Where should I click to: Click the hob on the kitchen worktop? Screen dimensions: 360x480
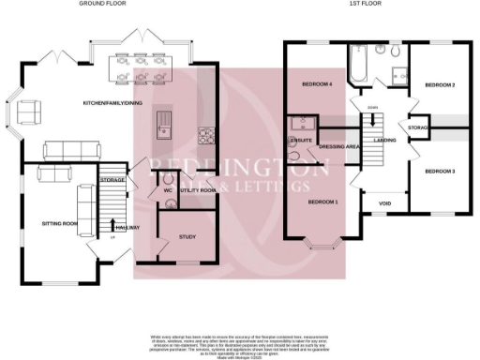coord(207,137)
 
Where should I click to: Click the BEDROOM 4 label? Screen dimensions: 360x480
coord(318,85)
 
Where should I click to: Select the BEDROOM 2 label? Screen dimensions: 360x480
coord(440,85)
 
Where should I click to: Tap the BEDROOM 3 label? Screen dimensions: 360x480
coord(440,172)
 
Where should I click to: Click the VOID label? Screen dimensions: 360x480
coord(384,202)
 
